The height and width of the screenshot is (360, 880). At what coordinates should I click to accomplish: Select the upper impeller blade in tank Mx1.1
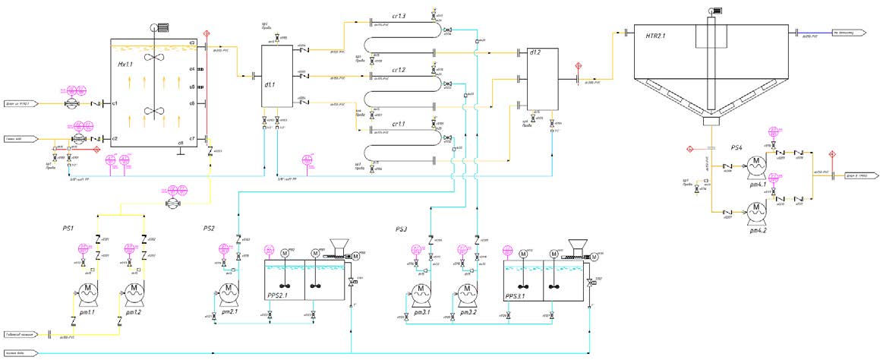[x=156, y=57]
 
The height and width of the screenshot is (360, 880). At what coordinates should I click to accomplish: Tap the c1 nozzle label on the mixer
[x=115, y=103]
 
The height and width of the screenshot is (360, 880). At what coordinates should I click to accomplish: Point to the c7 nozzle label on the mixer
[x=192, y=138]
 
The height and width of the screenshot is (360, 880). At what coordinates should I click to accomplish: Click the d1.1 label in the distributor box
[x=269, y=85]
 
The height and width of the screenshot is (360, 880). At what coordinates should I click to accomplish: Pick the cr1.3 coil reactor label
[x=399, y=16]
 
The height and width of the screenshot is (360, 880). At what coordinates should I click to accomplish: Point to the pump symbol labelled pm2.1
[x=229, y=292]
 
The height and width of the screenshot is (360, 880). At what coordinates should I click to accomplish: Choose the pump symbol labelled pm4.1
[x=756, y=164]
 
